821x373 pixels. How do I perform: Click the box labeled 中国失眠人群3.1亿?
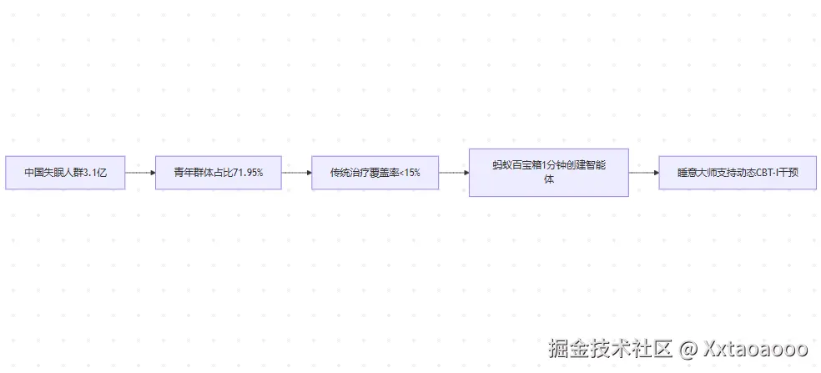[65, 173]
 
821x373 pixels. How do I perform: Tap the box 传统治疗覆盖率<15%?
[375, 173]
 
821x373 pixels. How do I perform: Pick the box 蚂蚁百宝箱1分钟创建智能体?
[548, 173]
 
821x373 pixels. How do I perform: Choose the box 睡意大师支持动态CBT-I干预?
[737, 173]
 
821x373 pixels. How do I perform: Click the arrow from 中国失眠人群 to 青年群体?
[140, 173]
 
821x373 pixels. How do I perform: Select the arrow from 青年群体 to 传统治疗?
[296, 173]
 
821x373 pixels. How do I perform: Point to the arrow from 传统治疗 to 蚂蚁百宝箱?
[453, 173]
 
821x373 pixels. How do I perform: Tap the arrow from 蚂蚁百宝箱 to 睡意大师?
[643, 173]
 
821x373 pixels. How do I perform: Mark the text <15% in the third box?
[410, 173]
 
